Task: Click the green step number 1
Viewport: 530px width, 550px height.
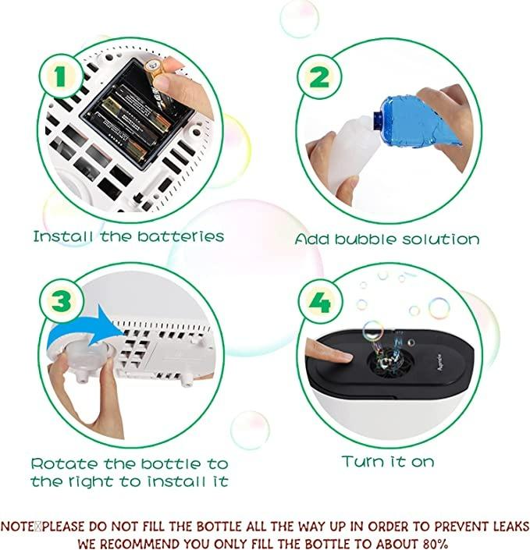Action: click(60, 76)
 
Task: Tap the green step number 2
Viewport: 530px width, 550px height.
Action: click(319, 76)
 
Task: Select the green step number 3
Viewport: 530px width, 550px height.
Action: click(62, 301)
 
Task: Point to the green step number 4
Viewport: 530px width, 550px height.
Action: click(320, 302)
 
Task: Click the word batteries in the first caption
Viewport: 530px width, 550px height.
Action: click(180, 236)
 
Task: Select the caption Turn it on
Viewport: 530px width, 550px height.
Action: click(388, 461)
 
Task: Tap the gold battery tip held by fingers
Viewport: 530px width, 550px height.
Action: click(153, 66)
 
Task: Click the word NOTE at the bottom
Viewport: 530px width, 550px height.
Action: click(17, 527)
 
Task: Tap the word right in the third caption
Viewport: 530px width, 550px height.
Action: click(90, 481)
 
